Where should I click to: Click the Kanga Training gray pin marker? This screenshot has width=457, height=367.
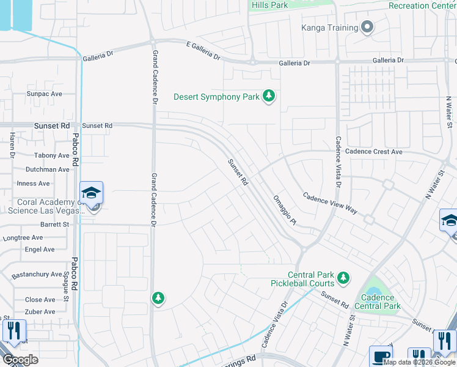[x=367, y=28]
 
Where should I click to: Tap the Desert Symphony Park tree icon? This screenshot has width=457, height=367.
[x=268, y=96]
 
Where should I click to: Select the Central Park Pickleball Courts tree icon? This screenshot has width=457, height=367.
[x=343, y=278]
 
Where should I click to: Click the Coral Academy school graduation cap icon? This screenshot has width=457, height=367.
[x=91, y=193]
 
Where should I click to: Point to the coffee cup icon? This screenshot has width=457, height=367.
[x=379, y=356]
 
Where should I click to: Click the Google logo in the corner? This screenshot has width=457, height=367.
[x=20, y=360]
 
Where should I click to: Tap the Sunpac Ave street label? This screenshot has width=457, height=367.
[x=44, y=94]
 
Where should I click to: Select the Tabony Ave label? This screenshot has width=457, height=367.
[x=52, y=156]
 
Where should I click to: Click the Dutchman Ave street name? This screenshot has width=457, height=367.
[x=48, y=169]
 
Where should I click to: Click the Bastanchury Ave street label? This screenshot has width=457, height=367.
[x=36, y=274]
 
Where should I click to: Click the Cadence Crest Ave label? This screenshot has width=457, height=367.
[x=374, y=152]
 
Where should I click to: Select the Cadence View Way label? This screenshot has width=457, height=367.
[x=330, y=201]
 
